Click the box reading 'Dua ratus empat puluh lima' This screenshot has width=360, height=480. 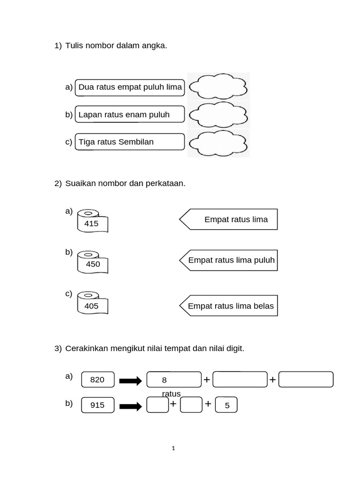tap(130, 87)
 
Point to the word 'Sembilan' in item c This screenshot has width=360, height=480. tap(136, 142)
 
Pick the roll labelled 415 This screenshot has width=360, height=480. tap(92, 222)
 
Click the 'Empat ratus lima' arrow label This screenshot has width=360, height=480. tap(229, 219)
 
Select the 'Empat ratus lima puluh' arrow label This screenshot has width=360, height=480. tap(229, 260)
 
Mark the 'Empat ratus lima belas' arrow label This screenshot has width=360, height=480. tap(229, 306)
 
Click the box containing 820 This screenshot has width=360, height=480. tap(97, 380)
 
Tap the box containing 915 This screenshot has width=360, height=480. tap(97, 405)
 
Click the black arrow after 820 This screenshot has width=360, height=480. tap(131, 381)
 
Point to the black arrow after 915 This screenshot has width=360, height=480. tap(131, 406)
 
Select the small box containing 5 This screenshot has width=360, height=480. tap(227, 405)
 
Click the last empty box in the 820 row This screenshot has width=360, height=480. tap(306, 380)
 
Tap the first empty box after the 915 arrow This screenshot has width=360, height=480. tap(157, 405)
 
